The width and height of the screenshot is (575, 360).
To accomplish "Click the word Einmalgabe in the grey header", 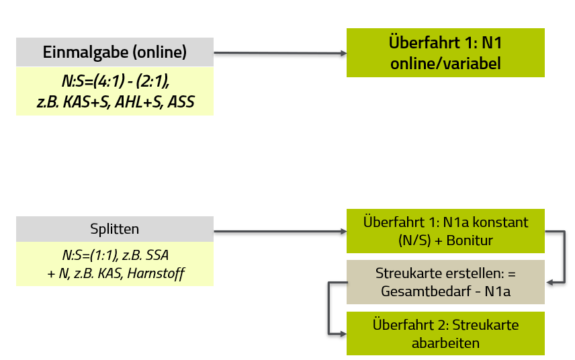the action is click(x=86, y=52).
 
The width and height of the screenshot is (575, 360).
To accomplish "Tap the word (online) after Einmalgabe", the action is click(x=160, y=52).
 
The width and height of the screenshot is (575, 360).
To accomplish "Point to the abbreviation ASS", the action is click(x=181, y=102).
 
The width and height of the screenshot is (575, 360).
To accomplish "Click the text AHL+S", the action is click(x=139, y=102).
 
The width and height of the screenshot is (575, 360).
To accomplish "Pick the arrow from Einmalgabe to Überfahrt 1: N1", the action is click(x=280, y=53).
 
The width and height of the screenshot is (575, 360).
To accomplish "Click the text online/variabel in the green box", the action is click(x=445, y=63).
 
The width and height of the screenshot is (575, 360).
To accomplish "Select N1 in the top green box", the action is click(x=492, y=42).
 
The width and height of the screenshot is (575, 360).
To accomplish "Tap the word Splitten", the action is click(x=114, y=229).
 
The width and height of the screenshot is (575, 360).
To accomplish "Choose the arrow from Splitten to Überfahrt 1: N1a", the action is click(x=280, y=231).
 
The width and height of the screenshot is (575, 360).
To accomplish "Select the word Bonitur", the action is click(x=470, y=240).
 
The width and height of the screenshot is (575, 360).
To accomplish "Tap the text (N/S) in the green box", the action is click(x=414, y=240).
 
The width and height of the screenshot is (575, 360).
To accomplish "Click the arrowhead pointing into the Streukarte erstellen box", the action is click(x=550, y=282).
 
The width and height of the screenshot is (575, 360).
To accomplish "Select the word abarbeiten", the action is click(x=445, y=343).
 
